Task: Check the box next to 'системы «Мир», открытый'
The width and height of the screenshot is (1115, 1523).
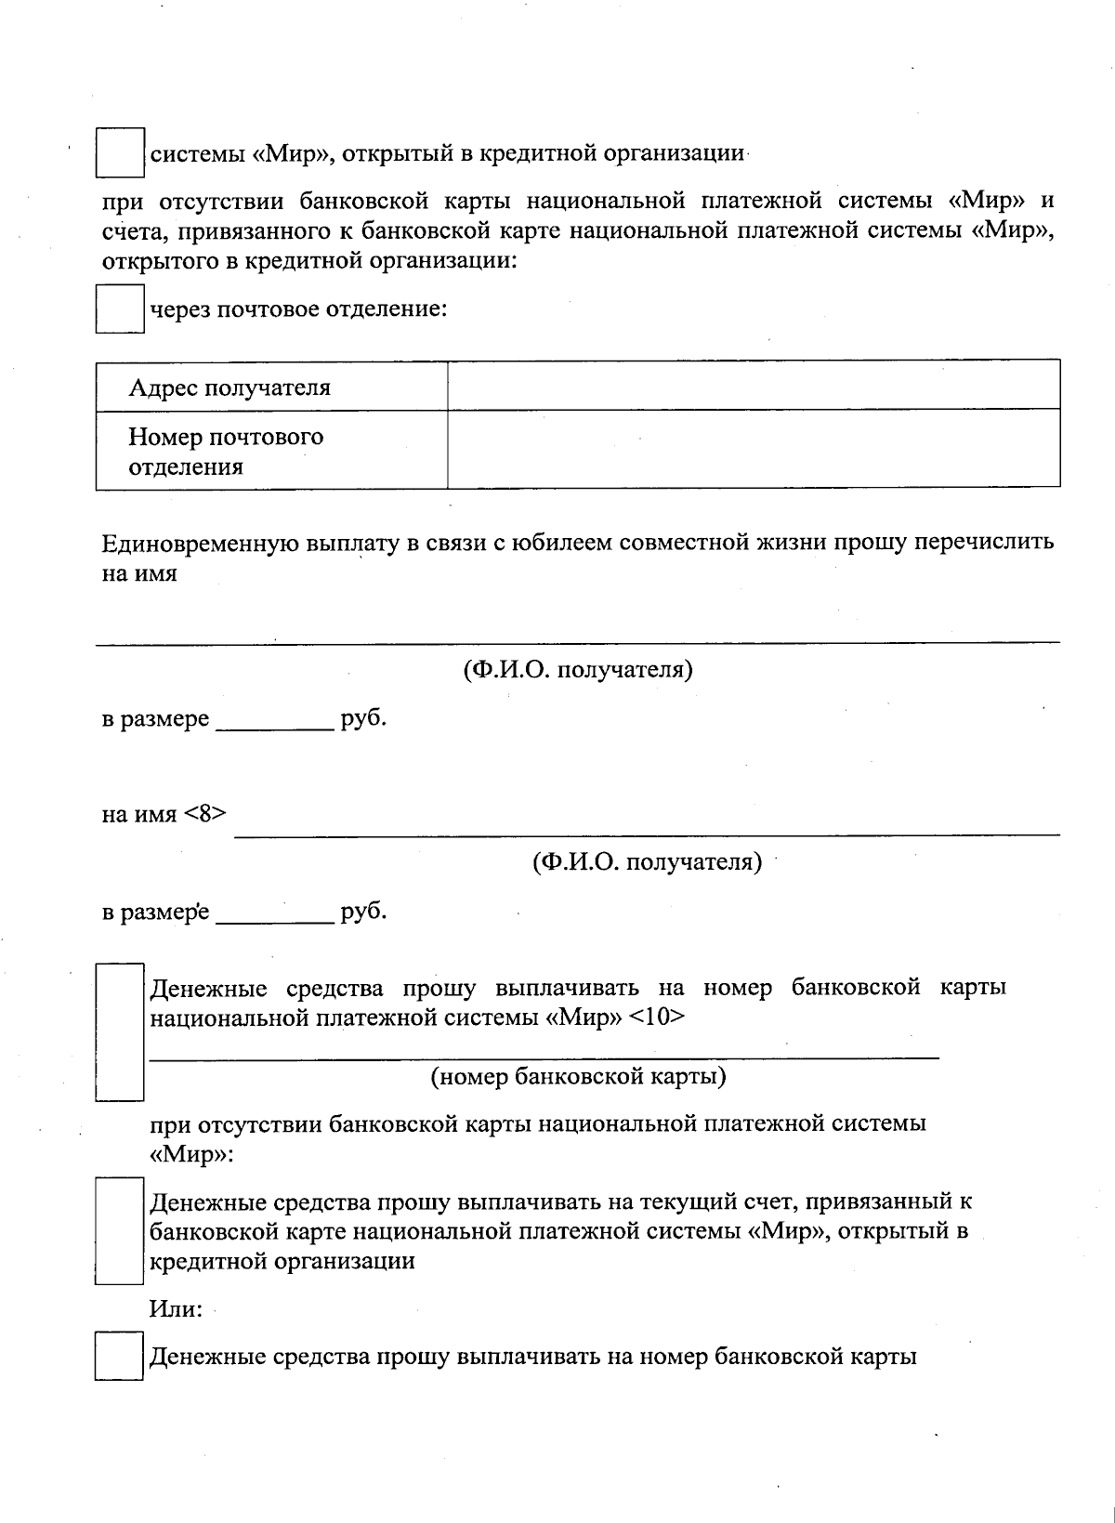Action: click(x=120, y=152)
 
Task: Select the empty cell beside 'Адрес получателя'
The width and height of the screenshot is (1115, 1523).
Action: click(x=753, y=385)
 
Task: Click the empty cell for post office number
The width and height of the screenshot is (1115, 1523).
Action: click(x=753, y=449)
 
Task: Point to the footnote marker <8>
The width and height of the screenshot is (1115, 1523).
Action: click(x=204, y=814)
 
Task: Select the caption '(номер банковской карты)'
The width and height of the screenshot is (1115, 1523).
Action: click(x=577, y=1077)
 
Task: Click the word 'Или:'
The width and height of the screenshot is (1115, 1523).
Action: click(x=176, y=1309)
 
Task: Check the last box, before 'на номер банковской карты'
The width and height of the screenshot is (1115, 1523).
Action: click(x=119, y=1357)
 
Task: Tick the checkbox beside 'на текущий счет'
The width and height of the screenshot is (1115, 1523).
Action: click(x=119, y=1231)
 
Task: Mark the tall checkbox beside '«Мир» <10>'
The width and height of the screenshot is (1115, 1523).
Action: click(x=120, y=1032)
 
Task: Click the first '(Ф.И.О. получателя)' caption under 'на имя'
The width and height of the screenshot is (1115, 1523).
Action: click(x=577, y=670)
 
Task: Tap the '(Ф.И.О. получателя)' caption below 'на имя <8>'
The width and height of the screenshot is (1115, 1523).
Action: click(x=647, y=863)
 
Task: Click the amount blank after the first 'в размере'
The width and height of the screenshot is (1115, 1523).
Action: click(x=274, y=720)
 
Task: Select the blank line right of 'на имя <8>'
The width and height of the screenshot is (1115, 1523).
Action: click(x=646, y=823)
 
